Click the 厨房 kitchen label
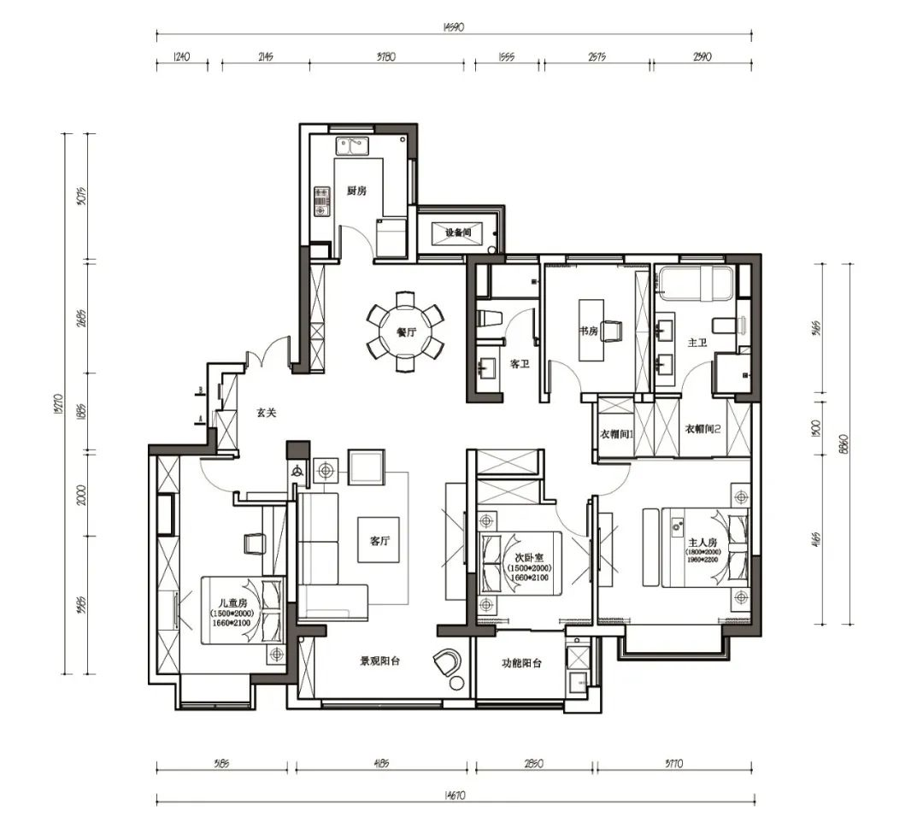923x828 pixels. pos(356,191)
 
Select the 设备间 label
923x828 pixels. pos(458,232)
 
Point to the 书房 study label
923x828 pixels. pos(587,330)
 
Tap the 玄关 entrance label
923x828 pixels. pos(267,412)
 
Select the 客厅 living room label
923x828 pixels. pos(380,541)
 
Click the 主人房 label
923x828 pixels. pos(702,543)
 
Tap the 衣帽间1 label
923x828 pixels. pos(615,433)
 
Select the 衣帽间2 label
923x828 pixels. pos(703,429)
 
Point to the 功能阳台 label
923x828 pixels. pos(520,662)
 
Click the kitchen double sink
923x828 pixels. pos(350,147)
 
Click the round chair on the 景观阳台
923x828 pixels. pos(446,661)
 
